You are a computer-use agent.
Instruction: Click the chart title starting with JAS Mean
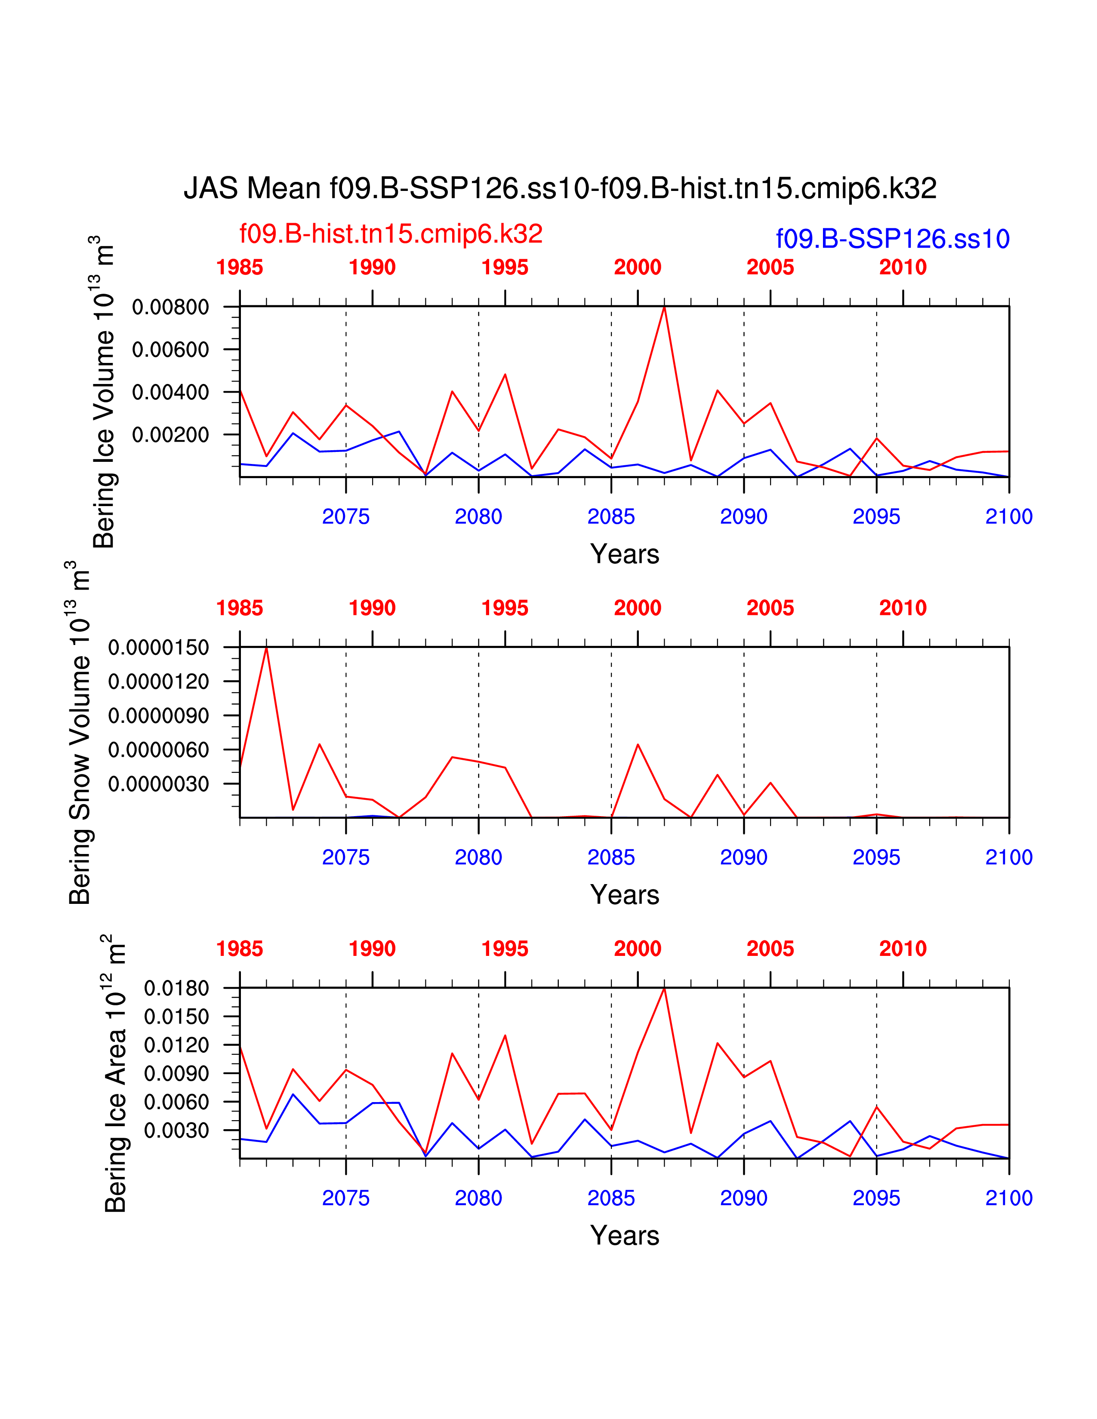point(560,188)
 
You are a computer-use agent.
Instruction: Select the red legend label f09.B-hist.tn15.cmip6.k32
point(391,234)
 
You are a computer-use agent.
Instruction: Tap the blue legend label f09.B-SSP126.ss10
point(892,239)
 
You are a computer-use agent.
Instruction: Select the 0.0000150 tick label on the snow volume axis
point(159,648)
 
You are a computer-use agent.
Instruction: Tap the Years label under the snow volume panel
point(625,895)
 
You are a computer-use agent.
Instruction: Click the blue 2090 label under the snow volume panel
point(743,858)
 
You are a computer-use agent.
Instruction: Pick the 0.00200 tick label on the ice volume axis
point(170,435)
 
